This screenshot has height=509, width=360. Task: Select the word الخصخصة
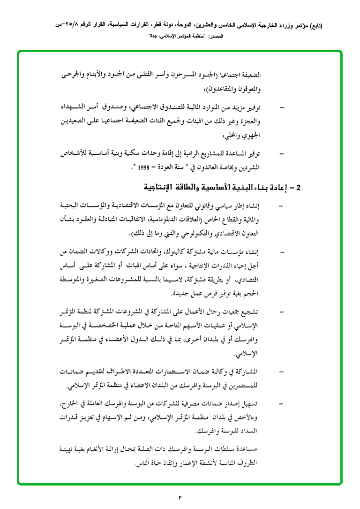pyautogui.click(x=119, y=325)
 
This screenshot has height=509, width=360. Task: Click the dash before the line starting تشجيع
pyautogui.click(x=281, y=311)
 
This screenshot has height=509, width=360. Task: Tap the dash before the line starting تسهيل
pyautogui.click(x=281, y=403)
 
